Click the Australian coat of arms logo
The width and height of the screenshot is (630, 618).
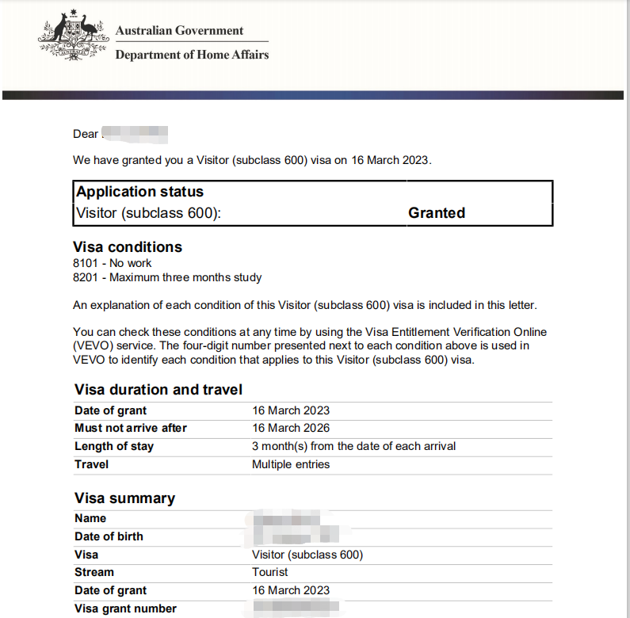[x=73, y=38]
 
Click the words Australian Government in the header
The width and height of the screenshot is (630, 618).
[x=179, y=31]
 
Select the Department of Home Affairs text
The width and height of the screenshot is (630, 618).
[x=192, y=55]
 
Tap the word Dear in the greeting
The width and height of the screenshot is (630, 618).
[x=86, y=134]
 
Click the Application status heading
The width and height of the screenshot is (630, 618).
[x=139, y=192]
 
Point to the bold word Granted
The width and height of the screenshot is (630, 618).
[x=437, y=213]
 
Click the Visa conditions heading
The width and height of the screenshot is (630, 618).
[x=128, y=247]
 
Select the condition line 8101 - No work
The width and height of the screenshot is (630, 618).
[x=112, y=263]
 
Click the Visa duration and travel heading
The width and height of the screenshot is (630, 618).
[x=158, y=390]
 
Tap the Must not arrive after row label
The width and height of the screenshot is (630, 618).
[x=131, y=429]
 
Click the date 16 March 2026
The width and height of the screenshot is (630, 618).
[x=291, y=429]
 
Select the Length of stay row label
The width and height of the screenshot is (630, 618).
[x=114, y=446]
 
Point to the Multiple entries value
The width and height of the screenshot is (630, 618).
[x=291, y=464]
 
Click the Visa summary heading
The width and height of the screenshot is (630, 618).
[x=124, y=498]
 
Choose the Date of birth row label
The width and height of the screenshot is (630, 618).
[x=109, y=536]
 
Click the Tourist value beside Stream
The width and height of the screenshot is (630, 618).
[x=270, y=572]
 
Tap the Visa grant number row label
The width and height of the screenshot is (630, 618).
[x=125, y=608]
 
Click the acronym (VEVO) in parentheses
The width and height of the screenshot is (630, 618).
[x=94, y=346]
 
